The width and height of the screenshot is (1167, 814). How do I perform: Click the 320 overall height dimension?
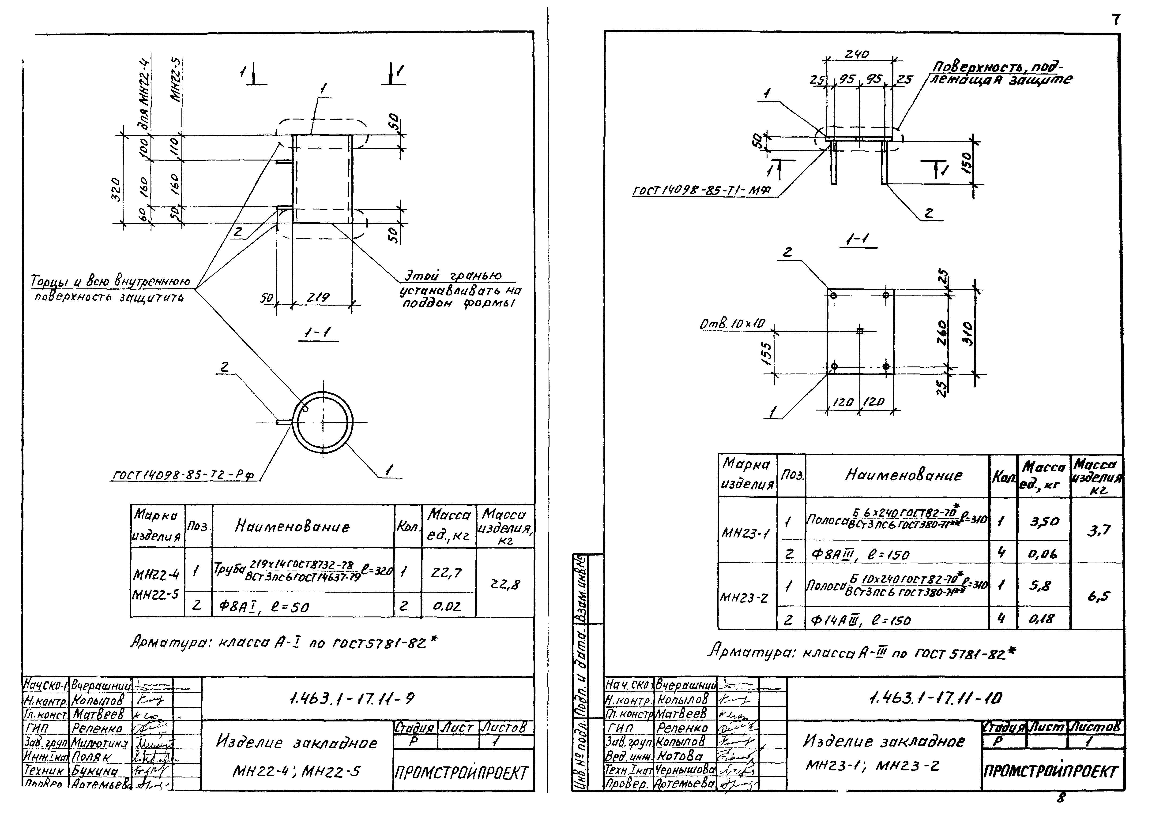click(x=116, y=189)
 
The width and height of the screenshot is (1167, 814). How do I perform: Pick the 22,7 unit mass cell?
click(x=447, y=573)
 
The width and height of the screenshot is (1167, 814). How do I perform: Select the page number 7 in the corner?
click(x=1116, y=20)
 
